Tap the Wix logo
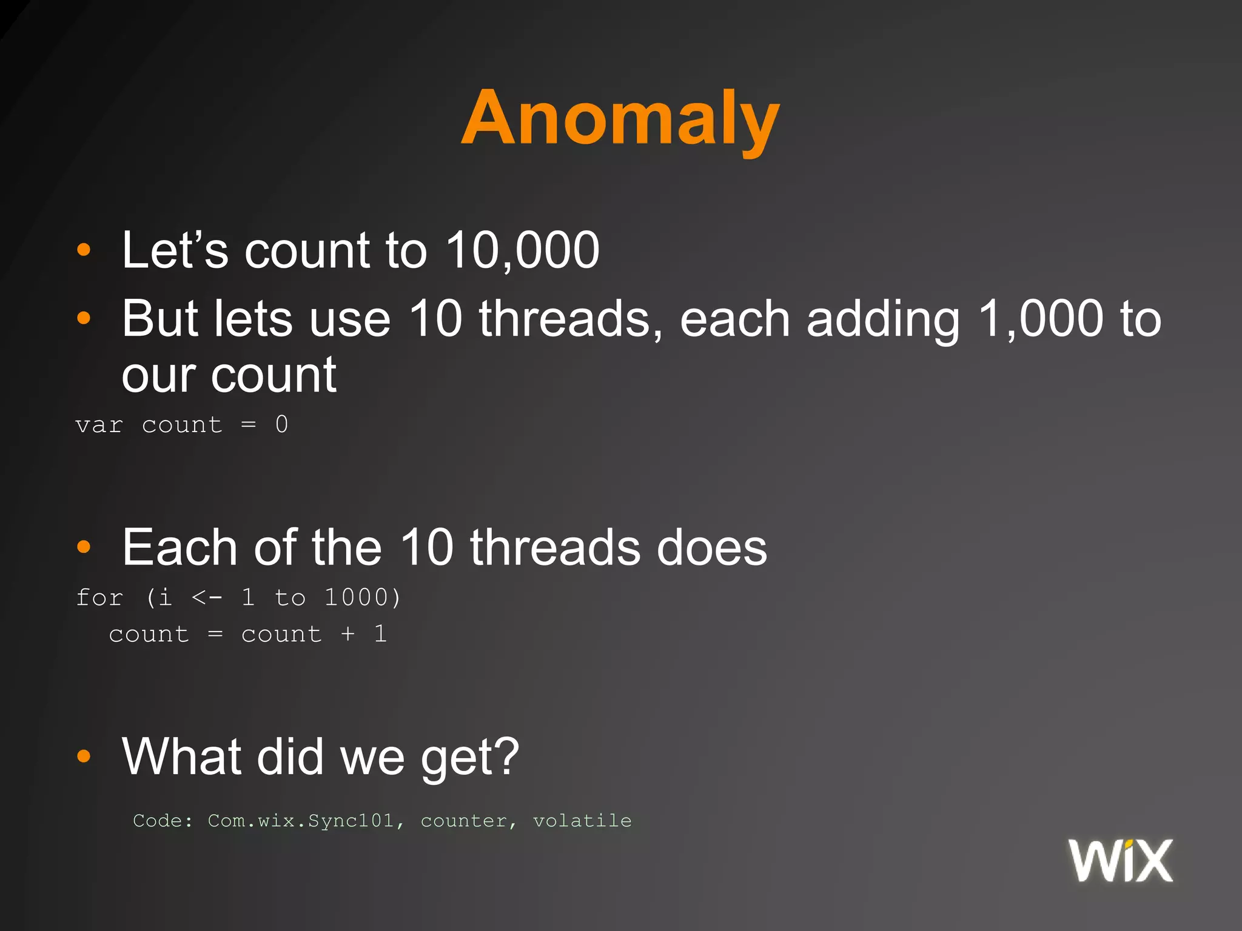click(1121, 861)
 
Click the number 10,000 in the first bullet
click(523, 250)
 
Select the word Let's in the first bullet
click(175, 250)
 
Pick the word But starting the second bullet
click(160, 319)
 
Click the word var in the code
click(99, 425)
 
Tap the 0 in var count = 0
click(281, 424)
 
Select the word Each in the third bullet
click(180, 547)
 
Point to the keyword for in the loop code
click(99, 598)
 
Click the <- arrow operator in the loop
click(207, 598)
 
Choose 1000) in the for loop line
click(363, 598)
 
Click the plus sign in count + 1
click(347, 634)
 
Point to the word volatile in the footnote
click(582, 821)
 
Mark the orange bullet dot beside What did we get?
click(84, 756)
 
